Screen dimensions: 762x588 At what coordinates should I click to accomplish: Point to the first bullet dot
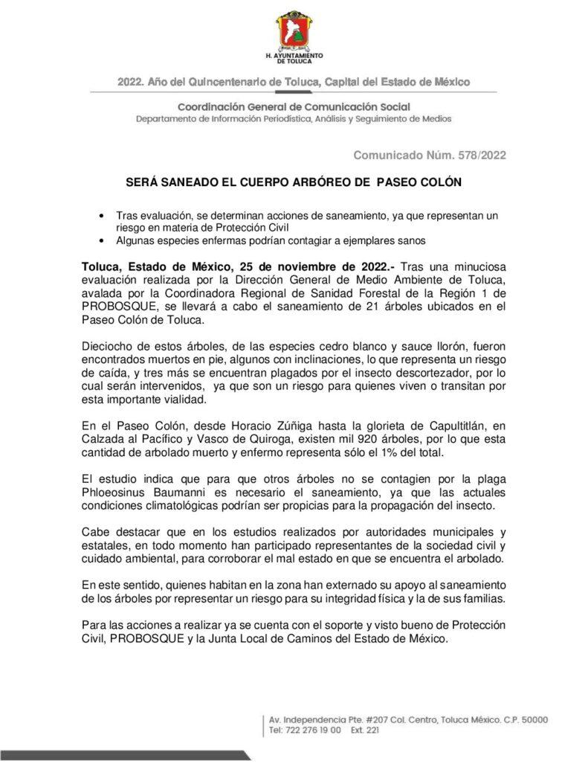pyautogui.click(x=102, y=215)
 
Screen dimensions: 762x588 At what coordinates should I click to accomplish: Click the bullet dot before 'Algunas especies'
pyautogui.click(x=102, y=240)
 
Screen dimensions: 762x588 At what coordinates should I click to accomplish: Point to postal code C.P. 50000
pyautogui.click(x=521, y=720)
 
